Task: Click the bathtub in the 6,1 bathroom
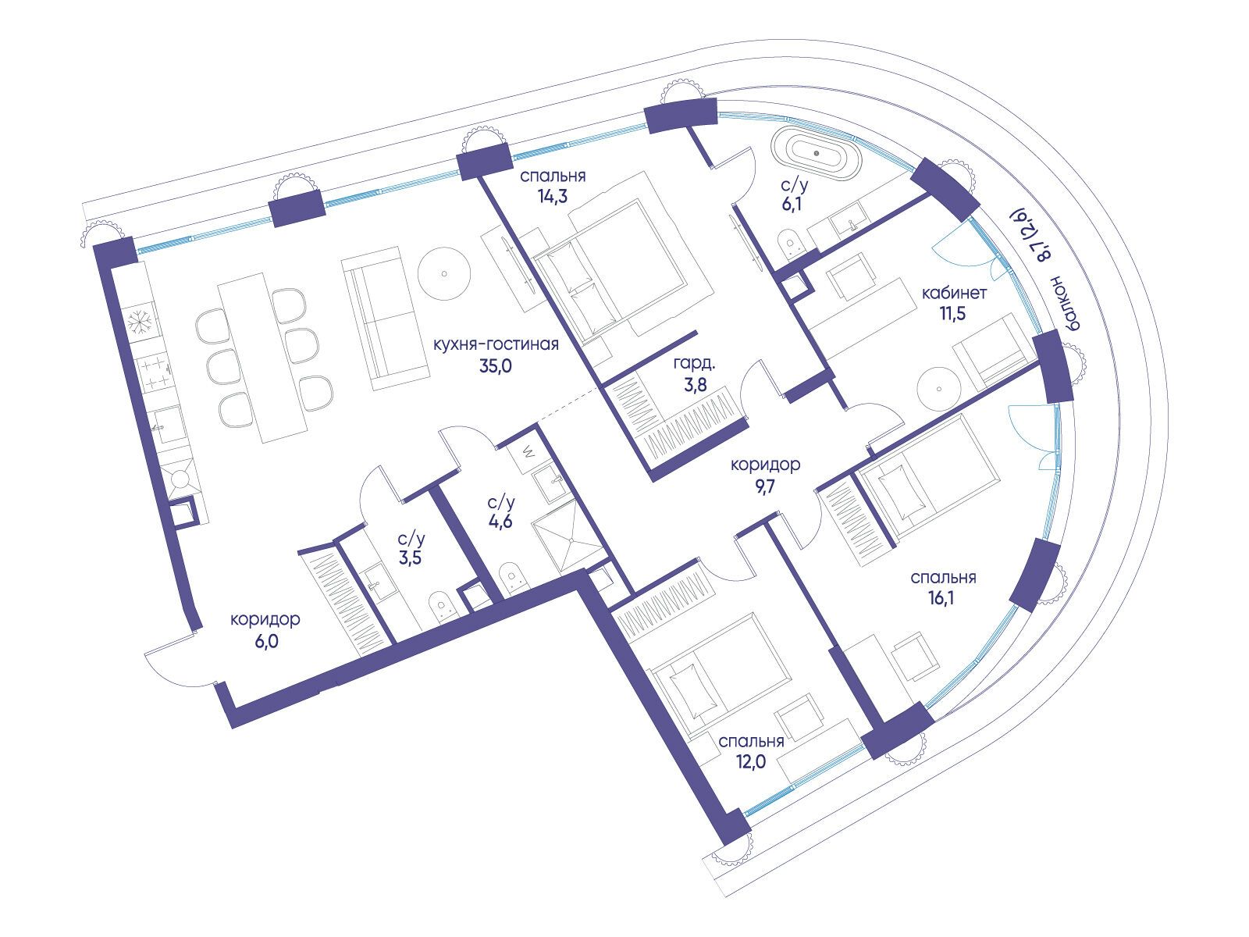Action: point(816,154)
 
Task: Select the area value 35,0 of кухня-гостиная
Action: point(496,365)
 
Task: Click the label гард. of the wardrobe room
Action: point(694,362)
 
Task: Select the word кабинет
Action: point(955,294)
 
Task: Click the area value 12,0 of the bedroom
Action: point(751,761)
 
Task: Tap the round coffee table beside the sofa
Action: point(443,273)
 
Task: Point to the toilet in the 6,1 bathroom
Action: point(790,243)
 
